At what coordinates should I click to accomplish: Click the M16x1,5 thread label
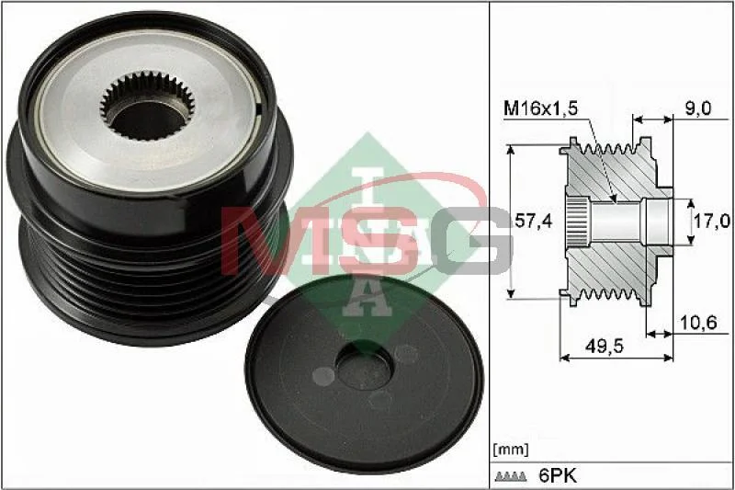(540, 108)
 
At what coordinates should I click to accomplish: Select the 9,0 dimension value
(698, 108)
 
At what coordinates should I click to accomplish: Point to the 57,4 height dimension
(533, 220)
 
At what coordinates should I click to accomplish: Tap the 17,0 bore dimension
(712, 221)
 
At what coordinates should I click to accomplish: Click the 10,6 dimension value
(698, 323)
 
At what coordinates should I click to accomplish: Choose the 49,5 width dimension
(605, 346)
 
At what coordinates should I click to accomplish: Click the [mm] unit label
(511, 450)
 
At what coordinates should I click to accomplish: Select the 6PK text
(558, 476)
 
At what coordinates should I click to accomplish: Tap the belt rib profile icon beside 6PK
(511, 477)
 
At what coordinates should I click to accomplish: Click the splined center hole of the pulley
(147, 106)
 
